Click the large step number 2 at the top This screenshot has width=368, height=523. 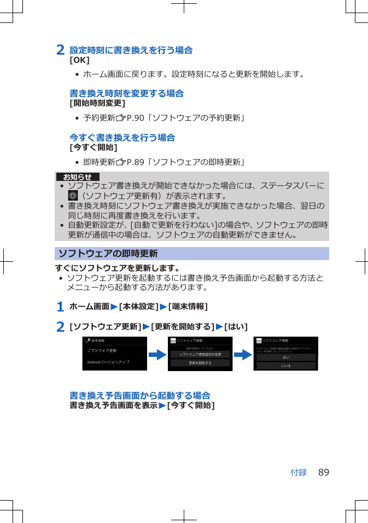click(x=61, y=50)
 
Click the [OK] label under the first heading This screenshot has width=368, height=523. click(x=79, y=60)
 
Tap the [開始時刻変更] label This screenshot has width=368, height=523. click(x=97, y=103)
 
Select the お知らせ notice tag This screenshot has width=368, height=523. click(x=77, y=177)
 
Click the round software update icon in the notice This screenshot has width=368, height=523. click(x=73, y=195)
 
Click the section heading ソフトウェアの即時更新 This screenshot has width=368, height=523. click(x=108, y=254)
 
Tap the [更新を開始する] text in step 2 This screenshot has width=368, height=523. click(x=182, y=327)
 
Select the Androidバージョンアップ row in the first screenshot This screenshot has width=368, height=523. click(x=108, y=362)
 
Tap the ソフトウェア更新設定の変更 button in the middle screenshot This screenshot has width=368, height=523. click(x=200, y=354)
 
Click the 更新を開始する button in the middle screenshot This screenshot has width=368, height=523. click(x=200, y=363)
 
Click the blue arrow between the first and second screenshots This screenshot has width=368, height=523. click(x=157, y=354)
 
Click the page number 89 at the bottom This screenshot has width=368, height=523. click(x=324, y=472)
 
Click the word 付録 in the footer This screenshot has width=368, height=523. click(x=299, y=472)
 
